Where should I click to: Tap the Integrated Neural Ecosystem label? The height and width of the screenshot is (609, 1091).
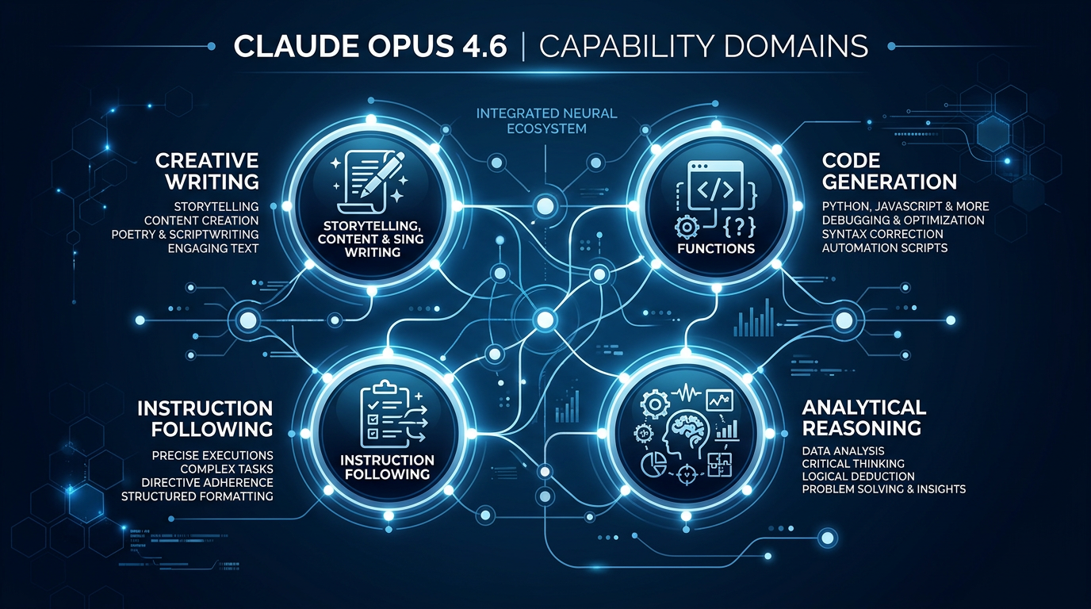click(x=546, y=121)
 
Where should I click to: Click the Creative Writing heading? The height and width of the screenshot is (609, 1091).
click(x=207, y=170)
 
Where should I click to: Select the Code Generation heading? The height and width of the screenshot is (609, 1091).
click(x=889, y=170)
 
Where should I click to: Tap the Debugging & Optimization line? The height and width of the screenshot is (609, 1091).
click(x=903, y=220)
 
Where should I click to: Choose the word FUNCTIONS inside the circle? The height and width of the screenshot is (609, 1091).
click(x=716, y=248)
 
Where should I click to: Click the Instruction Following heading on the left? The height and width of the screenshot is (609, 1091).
click(x=205, y=418)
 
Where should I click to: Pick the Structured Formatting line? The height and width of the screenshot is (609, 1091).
click(x=197, y=496)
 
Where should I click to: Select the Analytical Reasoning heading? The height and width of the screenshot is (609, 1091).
click(x=863, y=417)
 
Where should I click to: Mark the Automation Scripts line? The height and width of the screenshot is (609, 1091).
click(x=884, y=248)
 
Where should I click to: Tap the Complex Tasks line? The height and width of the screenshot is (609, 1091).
click(x=226, y=469)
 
